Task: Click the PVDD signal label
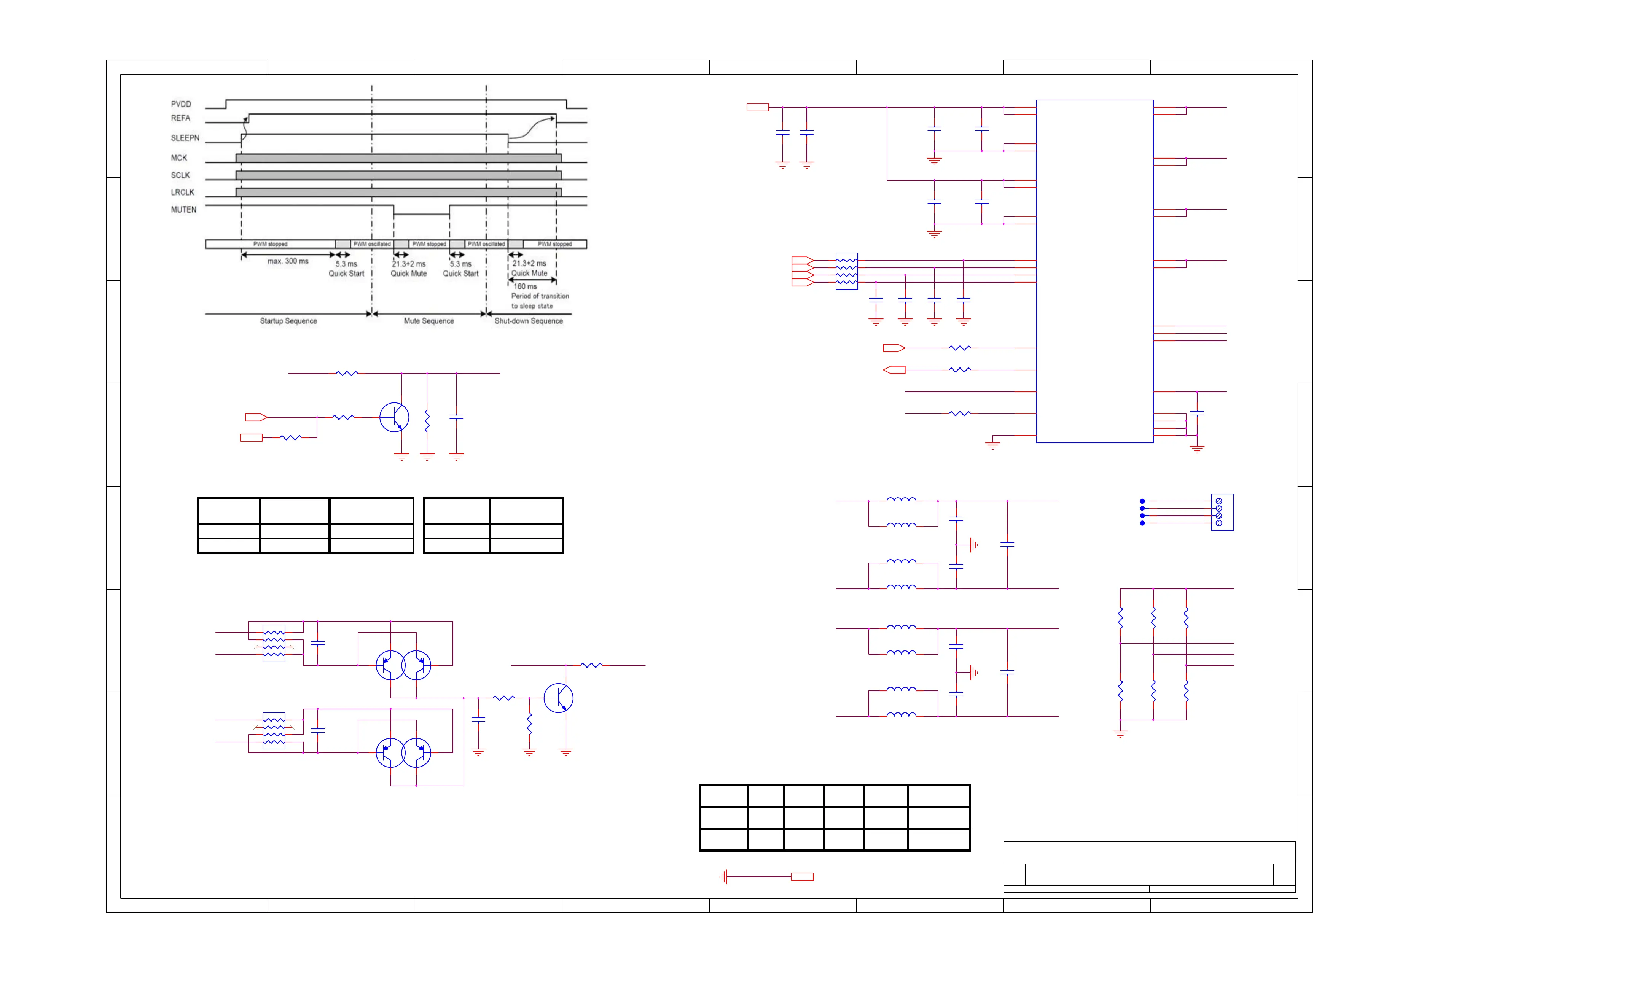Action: click(181, 104)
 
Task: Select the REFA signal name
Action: click(180, 118)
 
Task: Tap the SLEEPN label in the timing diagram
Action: click(185, 138)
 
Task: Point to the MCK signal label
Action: click(179, 158)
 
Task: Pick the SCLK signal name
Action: click(180, 175)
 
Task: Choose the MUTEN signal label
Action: click(183, 210)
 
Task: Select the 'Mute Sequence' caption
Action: click(429, 321)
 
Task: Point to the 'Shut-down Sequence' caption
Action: click(528, 321)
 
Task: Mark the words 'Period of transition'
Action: click(540, 296)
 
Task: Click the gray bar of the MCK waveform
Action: click(399, 158)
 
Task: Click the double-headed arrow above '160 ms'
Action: click(532, 280)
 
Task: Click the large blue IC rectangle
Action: click(1094, 271)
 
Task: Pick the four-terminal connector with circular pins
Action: click(1222, 512)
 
